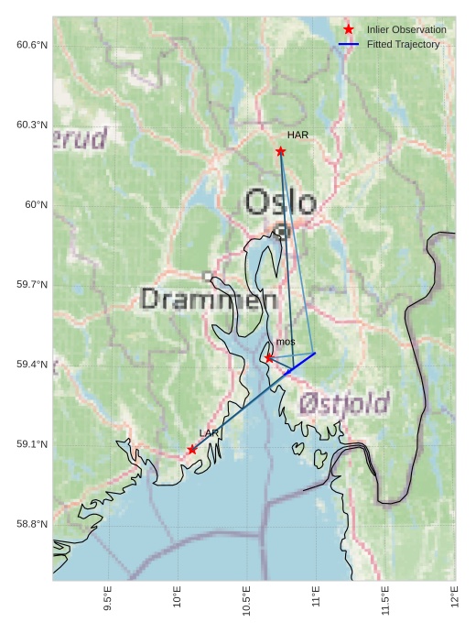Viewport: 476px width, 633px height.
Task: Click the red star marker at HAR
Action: point(280,151)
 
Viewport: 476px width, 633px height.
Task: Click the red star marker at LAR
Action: point(192,449)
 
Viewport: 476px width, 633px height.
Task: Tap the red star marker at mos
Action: point(269,357)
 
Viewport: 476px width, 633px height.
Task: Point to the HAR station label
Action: point(297,135)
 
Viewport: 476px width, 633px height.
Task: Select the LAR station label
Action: point(209,432)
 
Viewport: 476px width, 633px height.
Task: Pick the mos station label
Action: point(286,342)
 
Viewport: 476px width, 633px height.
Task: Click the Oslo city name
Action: point(281,202)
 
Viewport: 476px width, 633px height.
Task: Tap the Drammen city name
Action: point(210,299)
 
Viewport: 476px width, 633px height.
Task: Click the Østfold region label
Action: point(344,402)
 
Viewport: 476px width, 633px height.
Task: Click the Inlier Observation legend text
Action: point(406,30)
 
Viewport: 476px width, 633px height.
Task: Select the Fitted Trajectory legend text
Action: point(403,44)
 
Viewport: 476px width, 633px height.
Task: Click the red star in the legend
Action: point(349,30)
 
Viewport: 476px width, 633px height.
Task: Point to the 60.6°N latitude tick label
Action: point(32,45)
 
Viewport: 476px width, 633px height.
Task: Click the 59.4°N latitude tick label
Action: point(32,365)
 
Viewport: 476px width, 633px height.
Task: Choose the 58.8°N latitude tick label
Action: point(32,524)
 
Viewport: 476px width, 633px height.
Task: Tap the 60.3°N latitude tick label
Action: point(32,125)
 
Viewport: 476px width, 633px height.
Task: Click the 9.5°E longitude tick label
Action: point(108,600)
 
